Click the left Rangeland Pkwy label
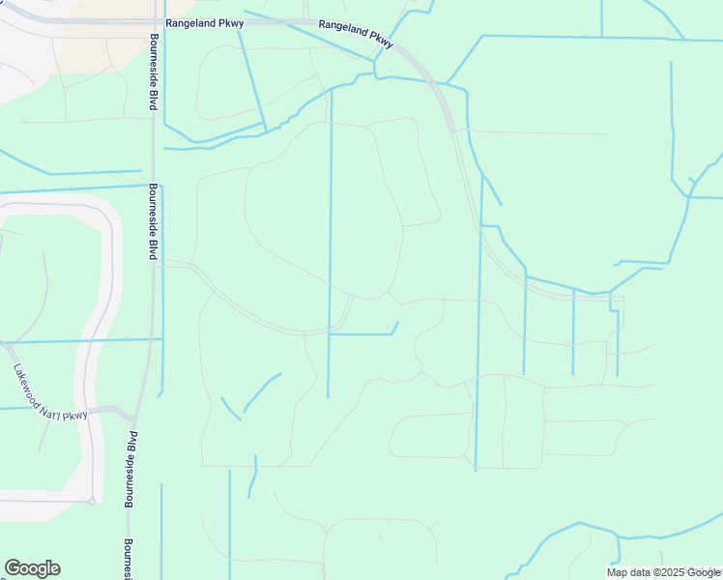point(203,21)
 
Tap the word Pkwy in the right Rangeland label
point(382,41)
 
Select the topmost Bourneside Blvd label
point(153,73)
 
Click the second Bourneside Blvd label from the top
point(153,221)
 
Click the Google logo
point(32,568)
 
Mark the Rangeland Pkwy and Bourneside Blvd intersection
point(152,21)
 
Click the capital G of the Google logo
point(13,568)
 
